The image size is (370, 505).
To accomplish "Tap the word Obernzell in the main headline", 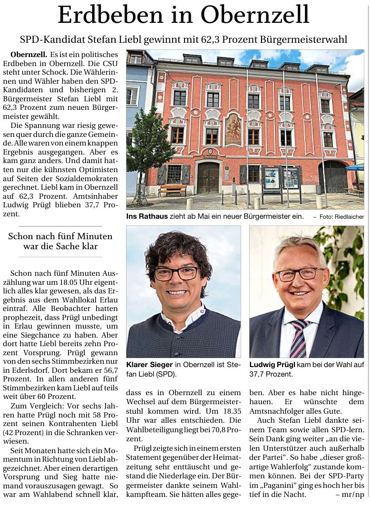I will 255,15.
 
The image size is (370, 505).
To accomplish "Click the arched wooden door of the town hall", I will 208,176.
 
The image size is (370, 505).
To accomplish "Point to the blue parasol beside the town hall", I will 356,167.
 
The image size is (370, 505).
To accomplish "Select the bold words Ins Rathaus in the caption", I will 147,216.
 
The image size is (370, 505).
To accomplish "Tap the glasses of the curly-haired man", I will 175,273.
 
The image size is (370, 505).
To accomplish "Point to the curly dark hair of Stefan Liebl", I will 177,250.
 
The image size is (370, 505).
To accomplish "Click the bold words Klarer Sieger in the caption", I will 149,365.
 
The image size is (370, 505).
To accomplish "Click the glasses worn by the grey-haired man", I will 300,274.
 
